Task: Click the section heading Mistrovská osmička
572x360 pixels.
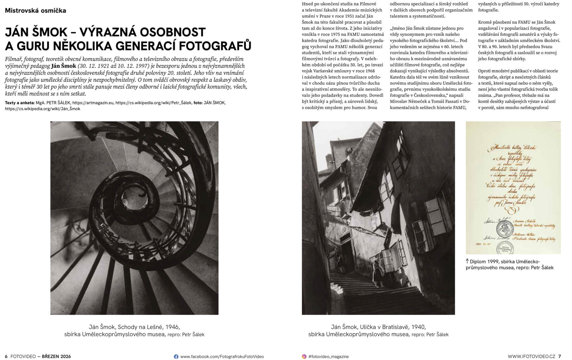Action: click(x=35, y=11)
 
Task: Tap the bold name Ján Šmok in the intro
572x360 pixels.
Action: click(x=64, y=66)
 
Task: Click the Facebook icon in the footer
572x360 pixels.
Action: click(x=176, y=357)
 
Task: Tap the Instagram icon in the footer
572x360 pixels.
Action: click(x=304, y=357)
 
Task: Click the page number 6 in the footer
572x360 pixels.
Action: click(x=6, y=357)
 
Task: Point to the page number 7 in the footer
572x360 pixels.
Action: click(x=559, y=357)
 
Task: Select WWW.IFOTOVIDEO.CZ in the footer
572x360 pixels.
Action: click(x=531, y=357)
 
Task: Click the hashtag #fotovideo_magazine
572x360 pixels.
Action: click(x=328, y=357)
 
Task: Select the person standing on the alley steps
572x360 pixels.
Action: click(x=376, y=271)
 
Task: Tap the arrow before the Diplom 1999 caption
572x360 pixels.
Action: click(x=467, y=261)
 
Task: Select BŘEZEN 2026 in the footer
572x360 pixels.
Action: click(x=56, y=357)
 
